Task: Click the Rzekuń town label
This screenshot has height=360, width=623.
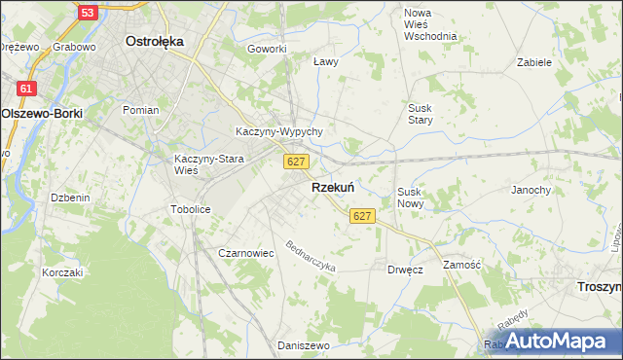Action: (x=332, y=187)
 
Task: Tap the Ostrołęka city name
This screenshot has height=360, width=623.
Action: (x=156, y=42)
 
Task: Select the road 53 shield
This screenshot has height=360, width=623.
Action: (x=89, y=13)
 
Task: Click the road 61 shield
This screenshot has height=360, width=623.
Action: (x=26, y=89)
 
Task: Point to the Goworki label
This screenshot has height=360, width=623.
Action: (x=267, y=49)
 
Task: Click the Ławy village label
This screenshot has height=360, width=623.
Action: (x=327, y=61)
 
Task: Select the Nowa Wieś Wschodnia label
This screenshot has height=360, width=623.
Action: (x=430, y=24)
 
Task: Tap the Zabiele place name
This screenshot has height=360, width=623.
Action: (x=534, y=61)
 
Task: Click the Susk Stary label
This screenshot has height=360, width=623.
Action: (x=421, y=113)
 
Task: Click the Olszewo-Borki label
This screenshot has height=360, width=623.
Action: (x=42, y=113)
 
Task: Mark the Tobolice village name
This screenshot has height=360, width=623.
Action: (x=191, y=209)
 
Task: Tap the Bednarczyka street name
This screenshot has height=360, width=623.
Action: (x=310, y=256)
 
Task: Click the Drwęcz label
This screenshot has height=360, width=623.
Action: (x=405, y=270)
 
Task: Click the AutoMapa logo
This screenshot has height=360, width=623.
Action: (x=561, y=341)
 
